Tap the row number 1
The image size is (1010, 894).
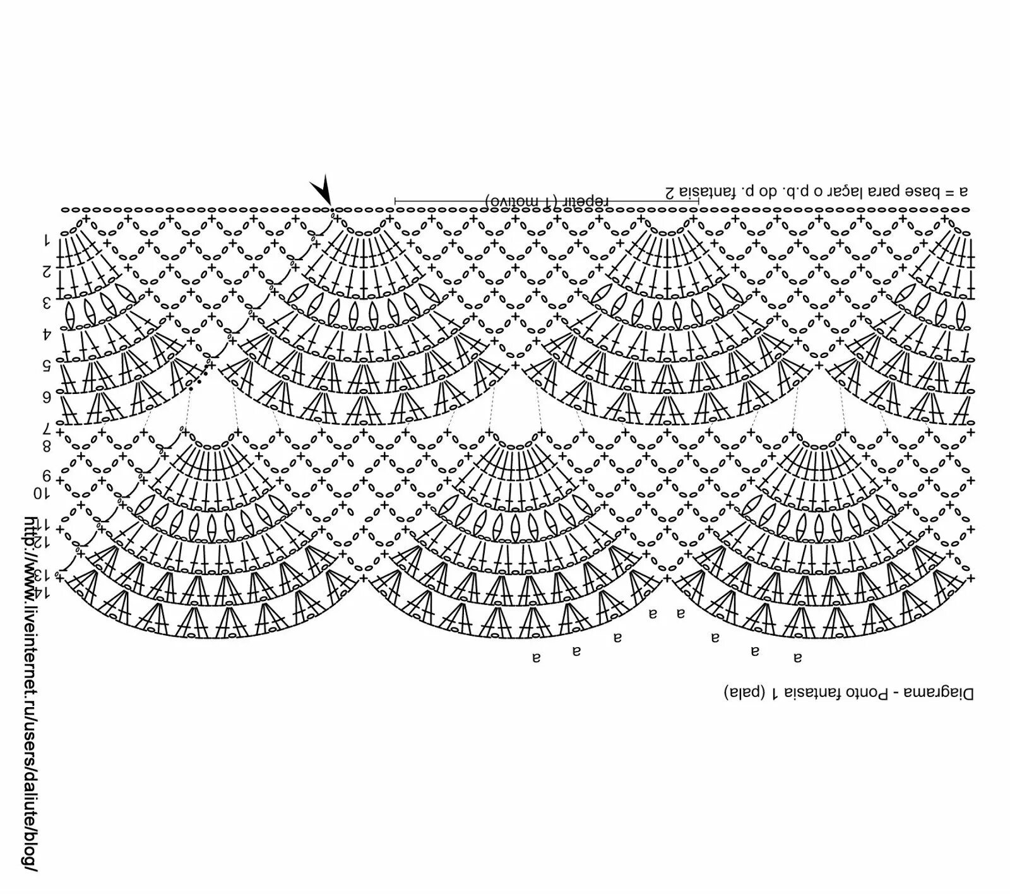(x=46, y=240)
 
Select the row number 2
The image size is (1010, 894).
(x=46, y=271)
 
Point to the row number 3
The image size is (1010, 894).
(x=46, y=303)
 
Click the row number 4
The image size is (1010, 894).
(x=46, y=333)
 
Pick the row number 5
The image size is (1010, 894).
(x=46, y=365)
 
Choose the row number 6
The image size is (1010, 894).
(x=46, y=397)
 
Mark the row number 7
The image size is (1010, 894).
(x=46, y=430)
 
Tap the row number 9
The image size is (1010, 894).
(x=46, y=475)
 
